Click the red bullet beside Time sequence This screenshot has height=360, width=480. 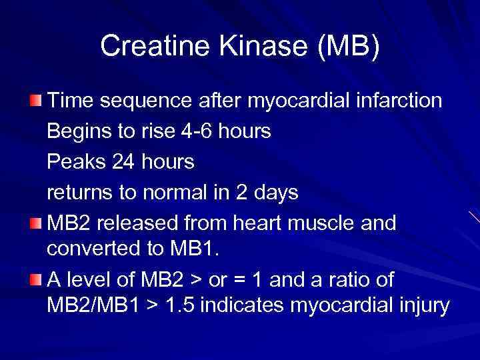[35, 100]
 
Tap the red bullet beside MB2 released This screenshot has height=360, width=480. [35, 223]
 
